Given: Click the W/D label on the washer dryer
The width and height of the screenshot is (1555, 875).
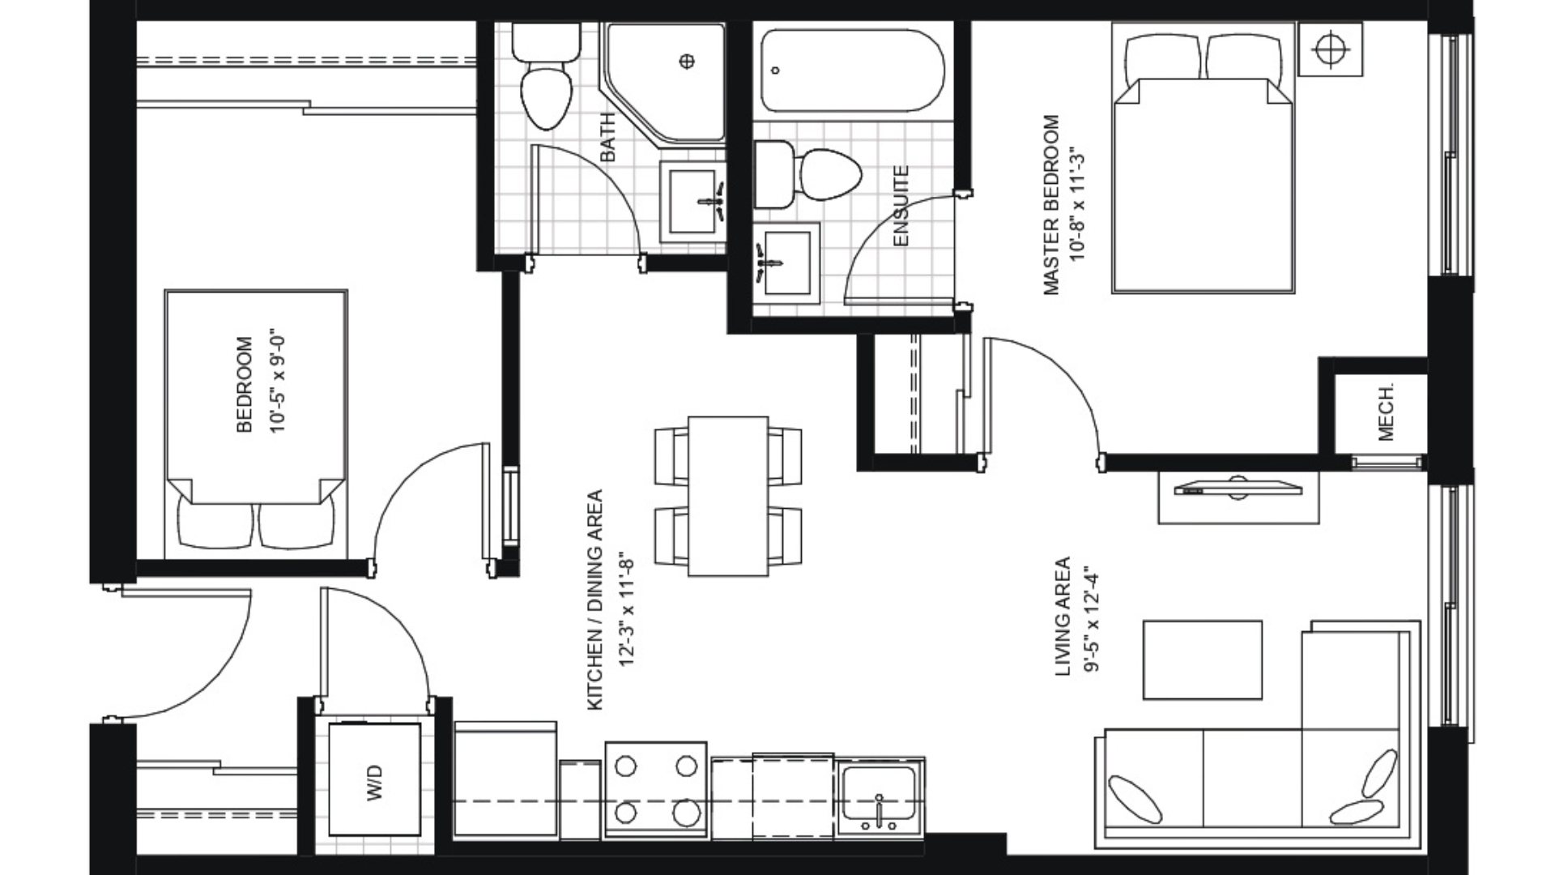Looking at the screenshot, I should click(x=374, y=783).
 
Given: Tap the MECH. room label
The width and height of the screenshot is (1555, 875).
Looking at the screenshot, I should click(x=1386, y=412).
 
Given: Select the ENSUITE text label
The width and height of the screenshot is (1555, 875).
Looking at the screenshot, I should click(x=901, y=206).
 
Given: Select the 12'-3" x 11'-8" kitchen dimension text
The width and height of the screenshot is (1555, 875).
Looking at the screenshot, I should click(x=624, y=609).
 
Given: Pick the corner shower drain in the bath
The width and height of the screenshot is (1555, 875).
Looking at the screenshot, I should click(x=687, y=61).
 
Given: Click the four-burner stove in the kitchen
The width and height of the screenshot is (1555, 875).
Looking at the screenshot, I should click(x=655, y=788).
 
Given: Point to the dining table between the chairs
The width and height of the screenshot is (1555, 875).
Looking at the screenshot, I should click(x=727, y=496).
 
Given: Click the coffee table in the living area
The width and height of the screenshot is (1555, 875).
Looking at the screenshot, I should click(x=1202, y=659).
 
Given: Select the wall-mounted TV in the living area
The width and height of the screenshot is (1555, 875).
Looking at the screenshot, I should click(x=1238, y=489).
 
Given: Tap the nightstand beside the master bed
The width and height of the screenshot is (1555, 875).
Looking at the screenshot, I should click(x=1330, y=49).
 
